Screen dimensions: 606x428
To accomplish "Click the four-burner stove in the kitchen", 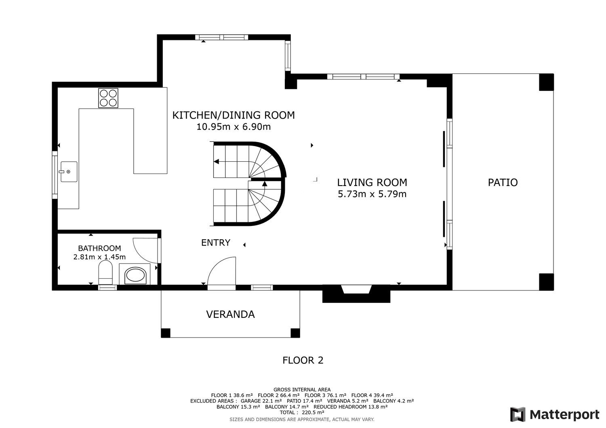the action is point(108,98).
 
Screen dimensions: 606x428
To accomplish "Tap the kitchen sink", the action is point(69,171).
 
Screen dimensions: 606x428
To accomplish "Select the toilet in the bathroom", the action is point(105,272).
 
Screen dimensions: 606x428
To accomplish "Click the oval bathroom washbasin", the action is point(135,276).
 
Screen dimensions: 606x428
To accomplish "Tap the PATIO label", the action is point(503,183).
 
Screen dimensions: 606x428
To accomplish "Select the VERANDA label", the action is point(231,314).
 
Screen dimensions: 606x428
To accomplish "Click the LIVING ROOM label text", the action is point(372,183).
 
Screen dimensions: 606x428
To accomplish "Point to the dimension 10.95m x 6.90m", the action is point(234,127).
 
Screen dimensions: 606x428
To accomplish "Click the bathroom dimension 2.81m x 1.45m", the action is point(99,257).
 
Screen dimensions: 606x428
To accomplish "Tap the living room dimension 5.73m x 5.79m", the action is point(372,194).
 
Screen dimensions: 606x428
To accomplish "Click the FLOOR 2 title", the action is point(303,360).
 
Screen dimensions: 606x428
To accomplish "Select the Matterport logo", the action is point(555,415).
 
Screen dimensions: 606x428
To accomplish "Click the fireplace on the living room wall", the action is point(356,293).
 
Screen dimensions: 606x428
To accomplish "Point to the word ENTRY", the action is point(216,243).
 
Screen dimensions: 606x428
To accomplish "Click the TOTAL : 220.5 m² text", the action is point(302,412).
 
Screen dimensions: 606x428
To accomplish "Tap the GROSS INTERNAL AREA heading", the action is point(302,390).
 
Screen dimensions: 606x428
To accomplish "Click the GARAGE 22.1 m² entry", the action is point(261,401).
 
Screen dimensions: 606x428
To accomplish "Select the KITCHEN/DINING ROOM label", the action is point(234,115).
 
